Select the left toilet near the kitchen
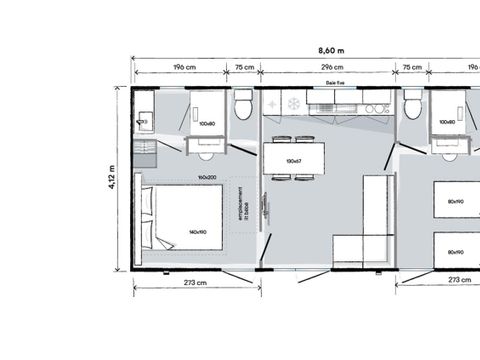tap(243, 106)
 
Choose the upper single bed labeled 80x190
tap(455, 201)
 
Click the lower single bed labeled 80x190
tap(455, 251)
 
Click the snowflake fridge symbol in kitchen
tap(293, 103)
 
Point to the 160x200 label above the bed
tap(207, 178)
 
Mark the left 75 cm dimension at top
tap(243, 69)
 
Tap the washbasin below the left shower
tap(208, 154)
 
